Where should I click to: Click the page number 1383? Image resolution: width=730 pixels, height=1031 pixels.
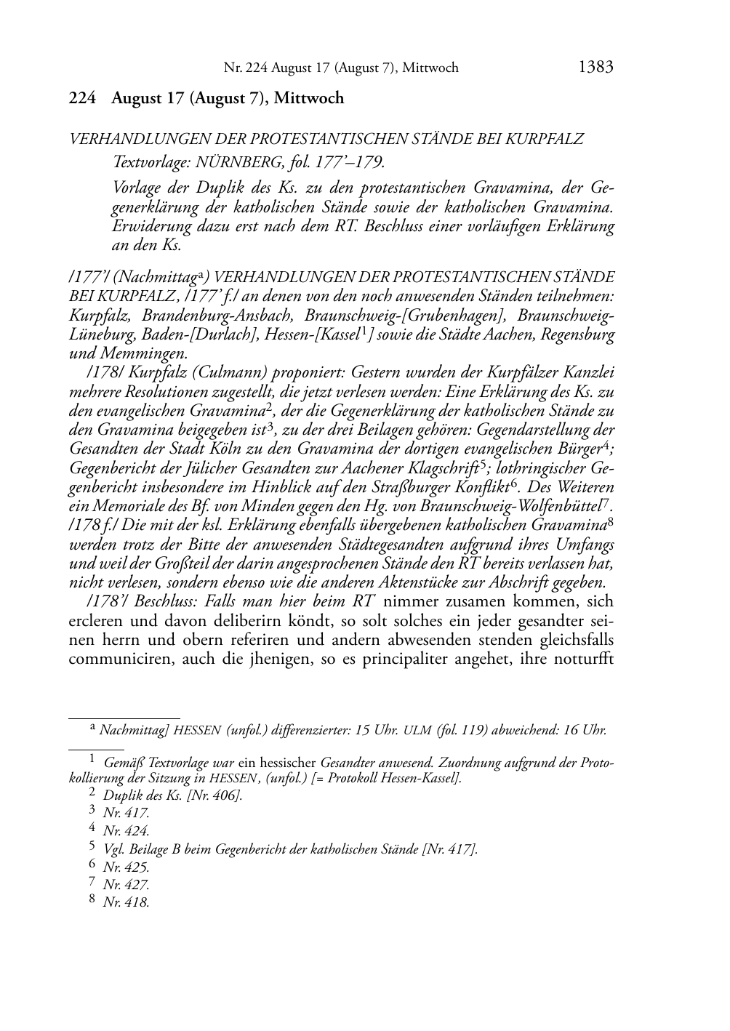(595, 68)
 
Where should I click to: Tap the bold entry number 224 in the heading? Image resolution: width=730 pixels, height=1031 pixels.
(82, 98)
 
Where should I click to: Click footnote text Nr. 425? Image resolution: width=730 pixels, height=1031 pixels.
(126, 867)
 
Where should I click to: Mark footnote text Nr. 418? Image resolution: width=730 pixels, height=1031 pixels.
(126, 902)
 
